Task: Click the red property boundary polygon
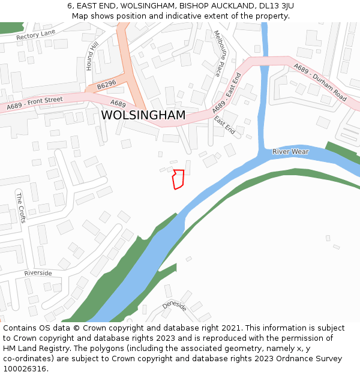[x=178, y=179]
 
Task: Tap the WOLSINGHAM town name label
[x=143, y=115]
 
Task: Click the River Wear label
[x=290, y=152]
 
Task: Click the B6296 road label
[x=106, y=85]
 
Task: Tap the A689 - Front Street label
[x=35, y=103]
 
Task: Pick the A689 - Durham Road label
[x=320, y=82]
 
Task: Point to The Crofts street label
[x=20, y=208]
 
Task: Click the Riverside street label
[x=38, y=273]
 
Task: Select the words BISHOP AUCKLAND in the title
[x=209, y=5]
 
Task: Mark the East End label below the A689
[x=224, y=125]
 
